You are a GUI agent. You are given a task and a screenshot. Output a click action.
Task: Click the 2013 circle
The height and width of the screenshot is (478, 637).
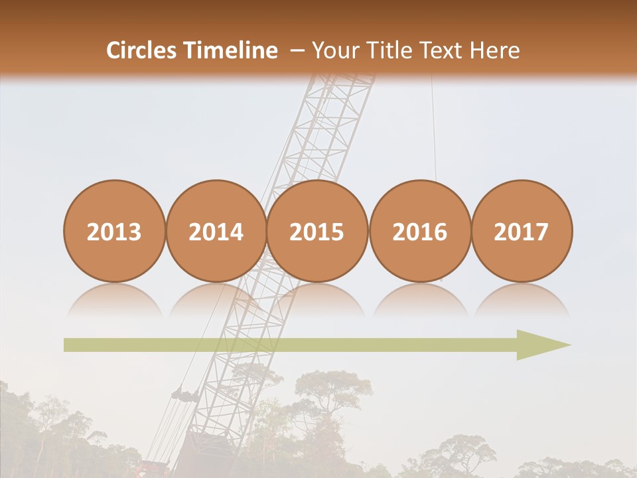coord(114,232)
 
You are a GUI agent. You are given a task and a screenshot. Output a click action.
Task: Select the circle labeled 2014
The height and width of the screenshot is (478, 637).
coord(216,232)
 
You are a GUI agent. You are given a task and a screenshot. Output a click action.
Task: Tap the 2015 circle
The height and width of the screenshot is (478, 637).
coord(317,232)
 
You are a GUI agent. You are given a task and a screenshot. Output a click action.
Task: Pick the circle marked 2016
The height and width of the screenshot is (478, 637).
coord(419,232)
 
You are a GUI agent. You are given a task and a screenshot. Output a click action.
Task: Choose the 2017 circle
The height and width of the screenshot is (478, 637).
coord(521,232)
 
